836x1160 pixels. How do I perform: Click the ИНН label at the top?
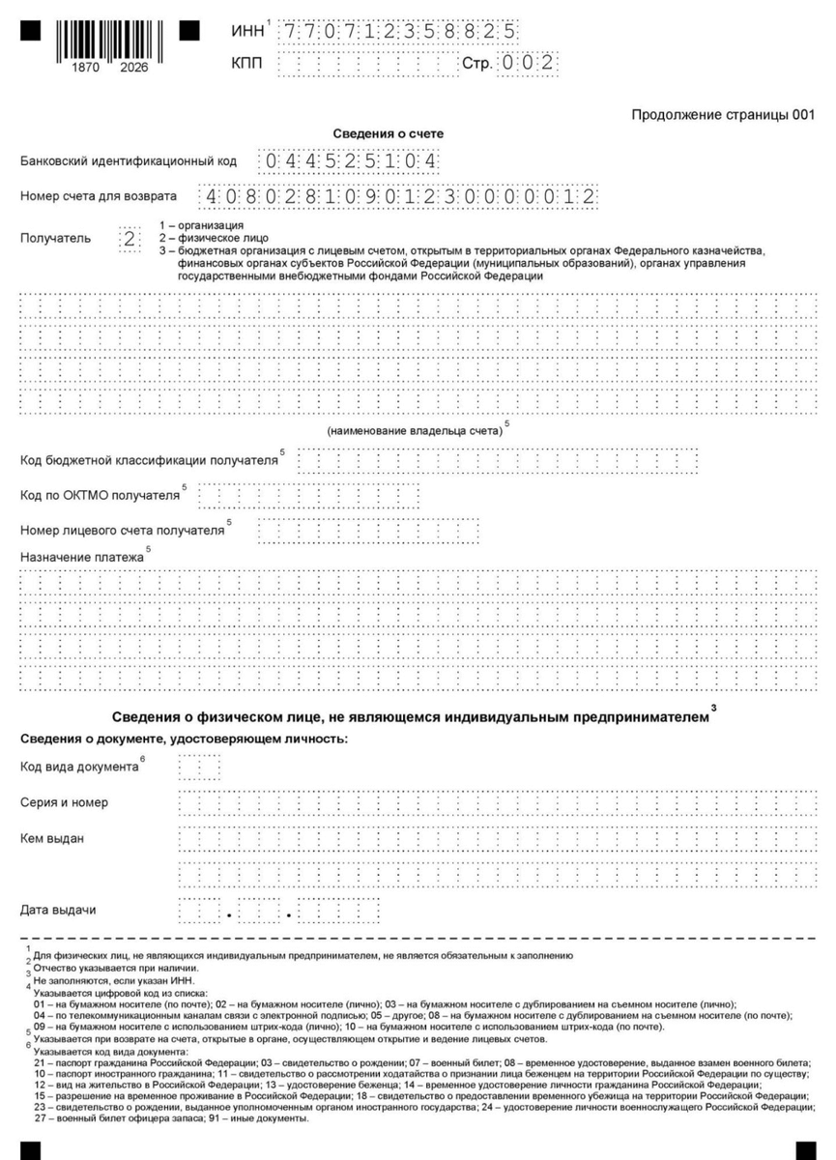(247, 33)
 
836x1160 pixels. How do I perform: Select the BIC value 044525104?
(348, 160)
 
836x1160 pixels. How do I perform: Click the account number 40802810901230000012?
(396, 196)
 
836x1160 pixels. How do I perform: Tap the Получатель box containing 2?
(130, 238)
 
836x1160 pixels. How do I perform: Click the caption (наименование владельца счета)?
(416, 430)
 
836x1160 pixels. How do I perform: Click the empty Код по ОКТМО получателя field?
(308, 496)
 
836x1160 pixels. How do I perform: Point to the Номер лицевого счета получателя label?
(122, 531)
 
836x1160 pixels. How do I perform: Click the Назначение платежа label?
(82, 558)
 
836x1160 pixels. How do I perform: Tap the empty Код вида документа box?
(200, 768)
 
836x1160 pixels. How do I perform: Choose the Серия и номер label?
(65, 803)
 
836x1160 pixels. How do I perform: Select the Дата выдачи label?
(58, 910)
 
